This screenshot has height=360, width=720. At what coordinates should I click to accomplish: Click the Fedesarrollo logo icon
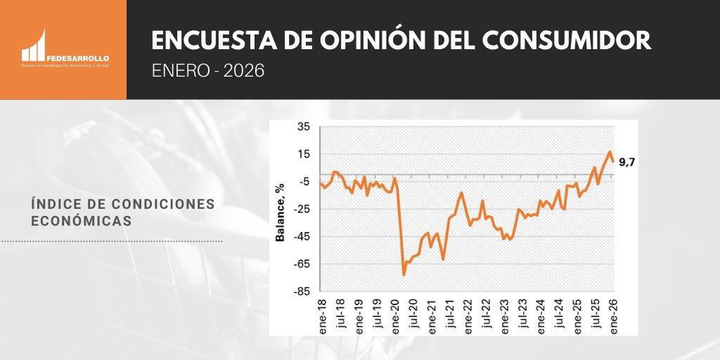pos(34,46)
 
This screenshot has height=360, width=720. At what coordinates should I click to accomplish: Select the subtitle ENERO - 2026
pos(208,71)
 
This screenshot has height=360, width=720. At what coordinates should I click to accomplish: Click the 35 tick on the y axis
pos(303,127)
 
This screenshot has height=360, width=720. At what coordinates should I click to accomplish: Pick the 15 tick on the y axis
pos(303,155)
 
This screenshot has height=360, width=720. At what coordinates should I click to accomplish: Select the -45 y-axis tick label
pos(301,237)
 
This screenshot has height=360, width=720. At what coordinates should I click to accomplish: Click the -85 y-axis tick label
pos(301,292)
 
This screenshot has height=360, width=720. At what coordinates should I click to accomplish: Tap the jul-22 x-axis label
pos(486,314)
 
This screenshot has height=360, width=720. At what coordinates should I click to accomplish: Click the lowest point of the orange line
pos(404,274)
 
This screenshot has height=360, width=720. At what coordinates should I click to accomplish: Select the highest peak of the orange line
pos(610,152)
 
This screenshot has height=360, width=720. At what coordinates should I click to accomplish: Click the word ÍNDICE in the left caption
pos(56,203)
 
